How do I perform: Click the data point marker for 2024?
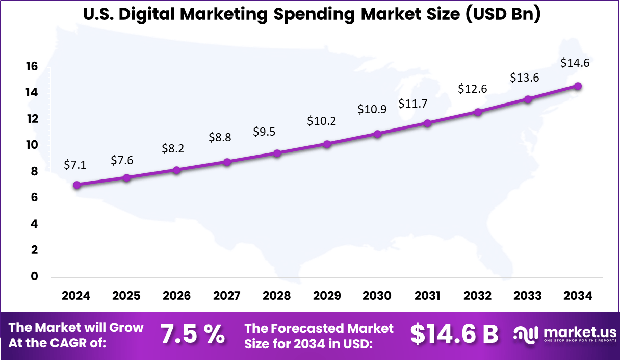76,185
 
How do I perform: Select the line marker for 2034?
578,86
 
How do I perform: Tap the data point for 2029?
327,144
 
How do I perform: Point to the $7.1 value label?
75,165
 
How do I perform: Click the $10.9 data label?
372,109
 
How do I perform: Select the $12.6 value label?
472,89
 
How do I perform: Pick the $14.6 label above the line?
575,63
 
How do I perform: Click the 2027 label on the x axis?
226,296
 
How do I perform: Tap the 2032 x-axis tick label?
477,296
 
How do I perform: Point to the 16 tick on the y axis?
32,66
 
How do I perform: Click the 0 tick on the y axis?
35,277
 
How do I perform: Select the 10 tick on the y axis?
32,145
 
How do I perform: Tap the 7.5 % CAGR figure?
193,335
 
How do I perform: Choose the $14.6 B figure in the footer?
454,335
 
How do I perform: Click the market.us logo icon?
526,335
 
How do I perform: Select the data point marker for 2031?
427,123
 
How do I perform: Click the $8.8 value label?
220,137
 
